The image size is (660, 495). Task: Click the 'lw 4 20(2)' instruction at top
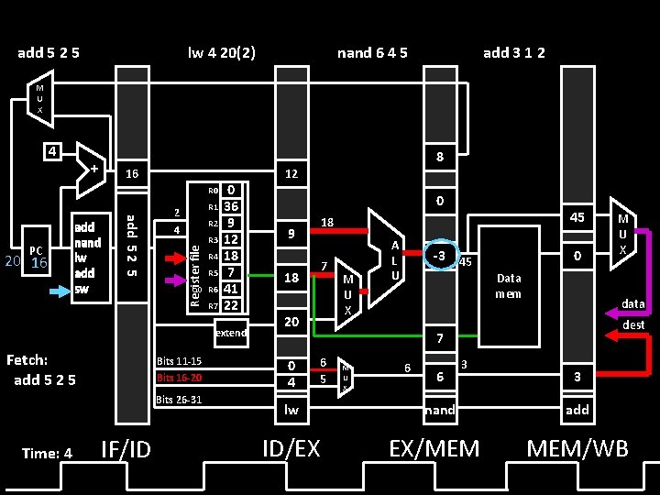pos(222,52)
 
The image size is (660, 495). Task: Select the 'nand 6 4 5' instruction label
pos(372,52)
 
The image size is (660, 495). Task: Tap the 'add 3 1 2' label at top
pos(514,52)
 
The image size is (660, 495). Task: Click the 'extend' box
pos(230,333)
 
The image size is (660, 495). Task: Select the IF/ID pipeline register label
pos(126,448)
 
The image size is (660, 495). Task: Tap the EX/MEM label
pos(434,448)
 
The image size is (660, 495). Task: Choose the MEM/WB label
pos(577,448)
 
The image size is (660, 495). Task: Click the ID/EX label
pos(291,448)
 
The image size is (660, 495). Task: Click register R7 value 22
pos(231,305)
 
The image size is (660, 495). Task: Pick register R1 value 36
pos(231,207)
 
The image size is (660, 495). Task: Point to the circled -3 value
pos(439,254)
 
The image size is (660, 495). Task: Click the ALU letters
pos(394,260)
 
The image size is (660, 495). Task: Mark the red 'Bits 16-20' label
pos(179,378)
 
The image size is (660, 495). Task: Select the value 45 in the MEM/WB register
pos(577,217)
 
